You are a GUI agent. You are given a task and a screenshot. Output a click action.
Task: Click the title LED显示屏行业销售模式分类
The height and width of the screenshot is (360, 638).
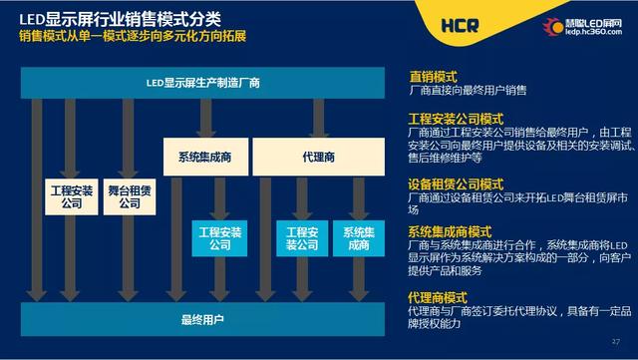(118, 16)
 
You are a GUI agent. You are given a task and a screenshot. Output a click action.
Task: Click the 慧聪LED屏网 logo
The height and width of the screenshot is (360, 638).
(582, 25)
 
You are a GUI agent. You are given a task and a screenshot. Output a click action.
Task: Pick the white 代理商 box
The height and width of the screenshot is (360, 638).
(317, 158)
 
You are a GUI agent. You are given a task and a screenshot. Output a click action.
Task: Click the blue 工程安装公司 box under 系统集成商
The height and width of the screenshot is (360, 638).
(219, 239)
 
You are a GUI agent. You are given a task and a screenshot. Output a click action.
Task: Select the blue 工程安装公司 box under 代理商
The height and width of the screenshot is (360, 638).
(301, 239)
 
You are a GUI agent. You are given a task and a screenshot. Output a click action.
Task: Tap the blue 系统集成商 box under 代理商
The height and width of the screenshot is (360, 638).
(358, 239)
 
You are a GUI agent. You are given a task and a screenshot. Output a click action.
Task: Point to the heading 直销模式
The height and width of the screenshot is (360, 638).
(433, 76)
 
